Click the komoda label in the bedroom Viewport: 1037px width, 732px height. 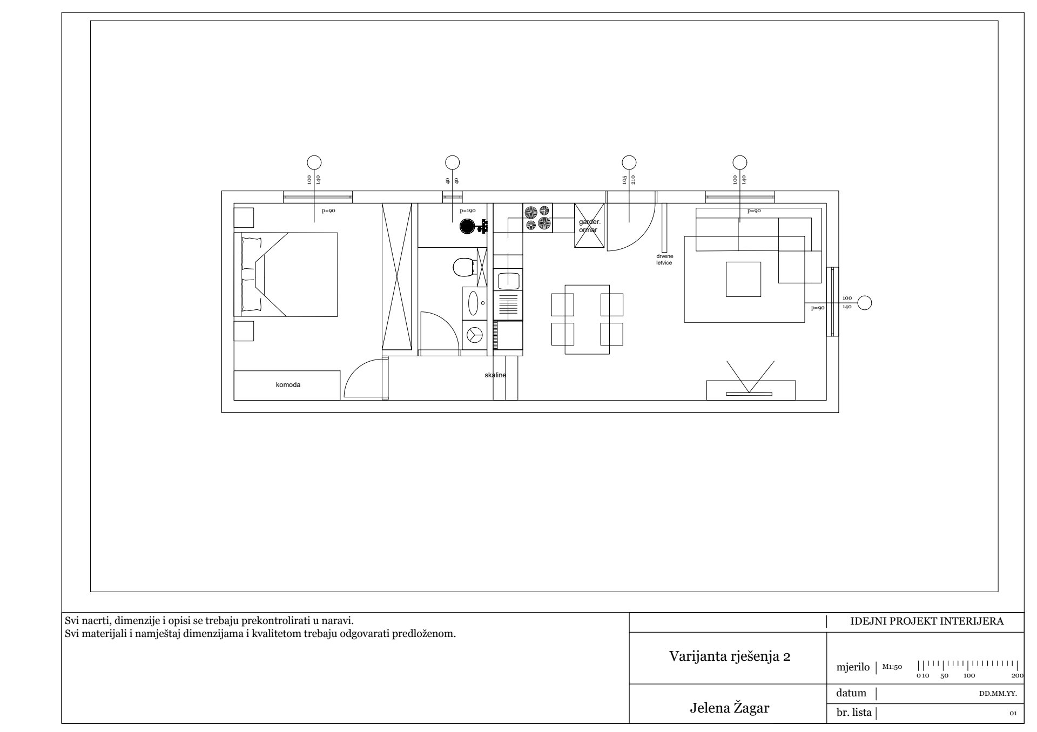tap(288, 385)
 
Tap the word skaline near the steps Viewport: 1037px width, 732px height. tap(495, 375)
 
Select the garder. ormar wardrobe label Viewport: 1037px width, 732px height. tap(589, 226)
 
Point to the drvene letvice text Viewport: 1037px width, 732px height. tap(664, 259)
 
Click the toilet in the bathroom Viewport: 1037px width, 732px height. tap(462, 267)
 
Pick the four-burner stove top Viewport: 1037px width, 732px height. tap(538, 218)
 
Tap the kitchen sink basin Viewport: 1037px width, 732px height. tap(508, 280)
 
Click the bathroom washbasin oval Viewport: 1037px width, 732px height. tap(474, 303)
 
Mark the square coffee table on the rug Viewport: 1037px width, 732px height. tap(743, 279)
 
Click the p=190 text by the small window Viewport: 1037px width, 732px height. tap(467, 211)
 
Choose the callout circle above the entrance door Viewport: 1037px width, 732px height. tap(629, 162)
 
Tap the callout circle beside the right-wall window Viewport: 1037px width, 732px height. tap(865, 303)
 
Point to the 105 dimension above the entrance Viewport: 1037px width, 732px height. tap(624, 180)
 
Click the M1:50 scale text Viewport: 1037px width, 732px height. tap(892, 667)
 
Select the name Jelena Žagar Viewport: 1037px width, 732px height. tap(730, 708)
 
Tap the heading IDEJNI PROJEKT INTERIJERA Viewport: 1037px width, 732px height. tap(927, 621)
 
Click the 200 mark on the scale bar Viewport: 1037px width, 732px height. tap(1017, 675)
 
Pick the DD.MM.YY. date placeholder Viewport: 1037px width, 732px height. tap(998, 694)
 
